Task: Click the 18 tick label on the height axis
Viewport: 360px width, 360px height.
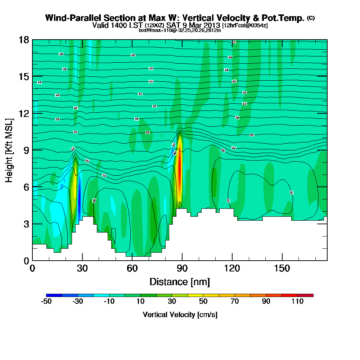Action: (x=24, y=40)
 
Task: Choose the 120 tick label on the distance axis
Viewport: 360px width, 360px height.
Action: (x=232, y=269)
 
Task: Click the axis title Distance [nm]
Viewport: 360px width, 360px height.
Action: (x=180, y=282)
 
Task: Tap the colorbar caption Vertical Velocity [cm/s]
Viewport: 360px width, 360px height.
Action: (x=180, y=315)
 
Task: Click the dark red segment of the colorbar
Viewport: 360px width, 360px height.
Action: (x=305, y=295)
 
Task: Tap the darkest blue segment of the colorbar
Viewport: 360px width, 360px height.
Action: (x=54, y=295)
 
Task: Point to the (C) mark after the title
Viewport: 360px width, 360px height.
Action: (x=311, y=18)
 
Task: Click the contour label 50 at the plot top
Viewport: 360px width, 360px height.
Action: (x=233, y=42)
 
